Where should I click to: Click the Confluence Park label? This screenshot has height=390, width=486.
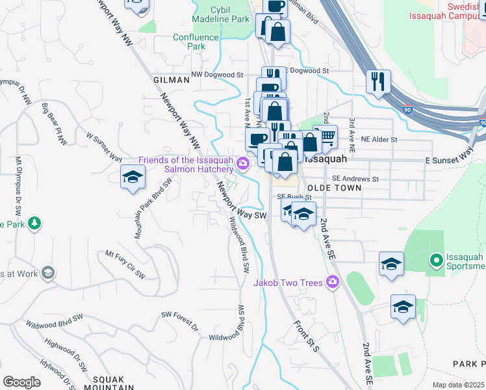[x=196, y=42]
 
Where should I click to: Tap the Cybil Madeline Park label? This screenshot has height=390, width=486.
[x=230, y=15]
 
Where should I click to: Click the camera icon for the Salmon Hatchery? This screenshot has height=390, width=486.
[x=243, y=163]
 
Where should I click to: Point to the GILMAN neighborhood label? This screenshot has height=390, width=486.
[x=171, y=79]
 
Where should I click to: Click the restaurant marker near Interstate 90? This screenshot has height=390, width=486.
[x=377, y=81]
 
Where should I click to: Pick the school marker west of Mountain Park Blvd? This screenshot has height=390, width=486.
[x=133, y=177]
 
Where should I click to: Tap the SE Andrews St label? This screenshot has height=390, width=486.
[x=355, y=179]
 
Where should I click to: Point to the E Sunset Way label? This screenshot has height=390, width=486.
[x=449, y=155]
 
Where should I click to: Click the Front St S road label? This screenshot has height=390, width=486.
[x=307, y=337]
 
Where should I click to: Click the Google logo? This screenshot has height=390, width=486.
[x=21, y=382]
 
